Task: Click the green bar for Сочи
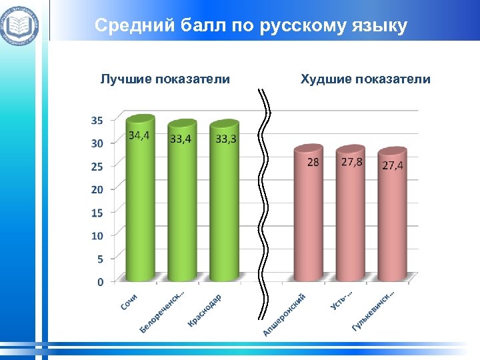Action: tap(141, 207)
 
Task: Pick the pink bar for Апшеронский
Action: tap(308, 220)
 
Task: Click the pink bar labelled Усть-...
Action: tap(350, 220)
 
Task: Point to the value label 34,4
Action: tap(139, 135)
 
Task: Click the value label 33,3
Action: tap(226, 139)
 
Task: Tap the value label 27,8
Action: tap(352, 162)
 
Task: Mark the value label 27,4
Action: tap(393, 165)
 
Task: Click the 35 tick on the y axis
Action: tap(97, 121)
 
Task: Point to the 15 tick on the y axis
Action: tap(97, 213)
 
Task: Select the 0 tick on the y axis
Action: tap(100, 282)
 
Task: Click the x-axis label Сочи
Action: tap(129, 302)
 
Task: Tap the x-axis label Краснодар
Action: tap(205, 310)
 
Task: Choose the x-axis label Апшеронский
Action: tap(285, 314)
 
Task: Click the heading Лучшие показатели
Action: tap(165, 79)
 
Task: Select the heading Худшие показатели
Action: tap(365, 79)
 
